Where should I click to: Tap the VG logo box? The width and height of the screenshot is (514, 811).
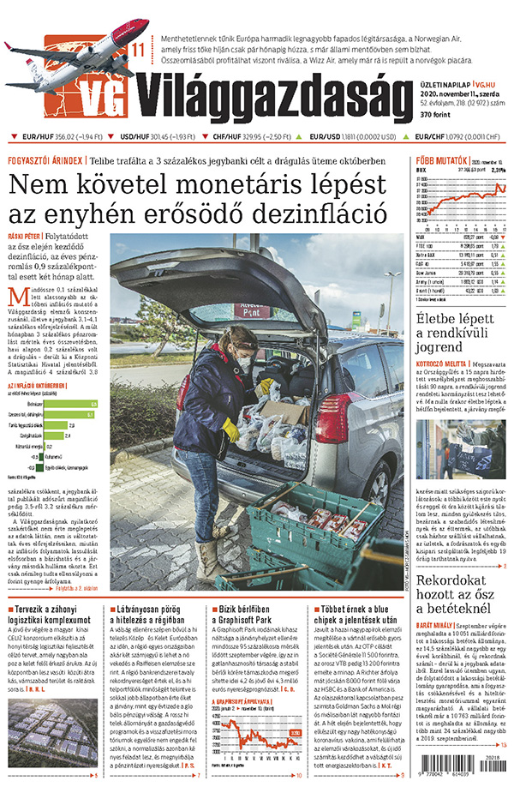coord(108,96)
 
